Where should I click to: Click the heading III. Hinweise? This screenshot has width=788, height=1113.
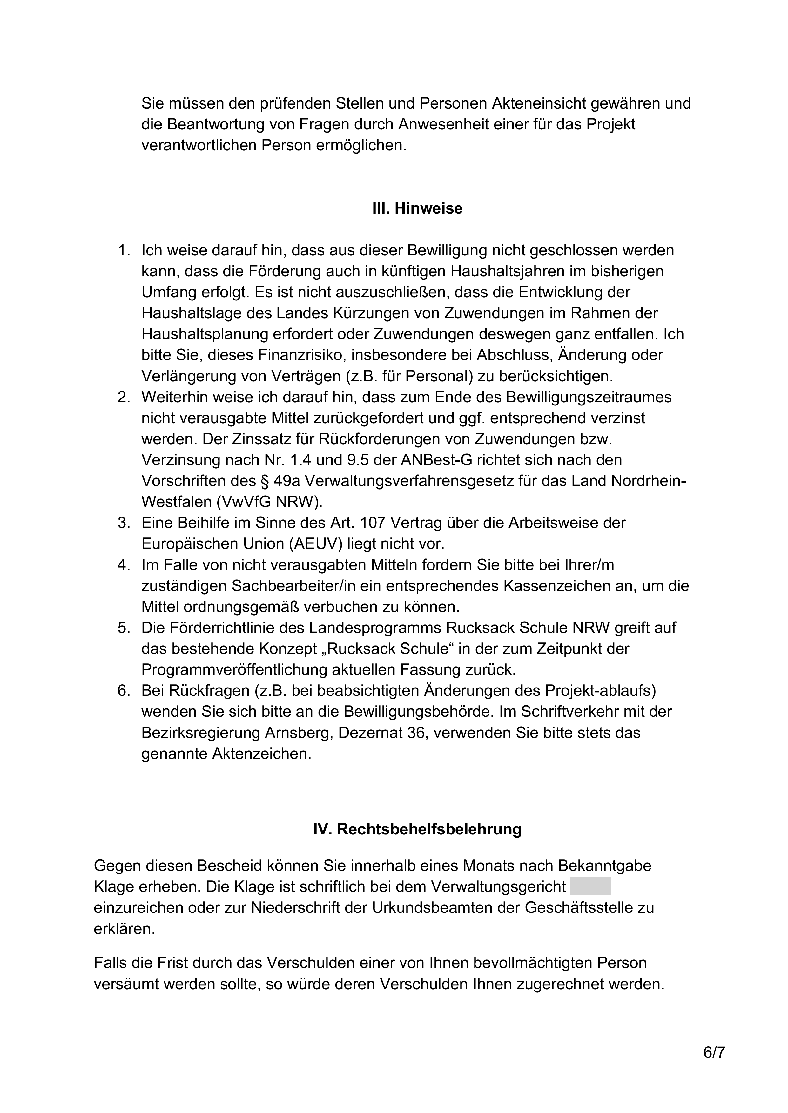[x=417, y=209]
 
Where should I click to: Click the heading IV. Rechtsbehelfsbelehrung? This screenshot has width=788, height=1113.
[x=417, y=829]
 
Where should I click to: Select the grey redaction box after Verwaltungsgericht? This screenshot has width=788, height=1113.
[x=590, y=886]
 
